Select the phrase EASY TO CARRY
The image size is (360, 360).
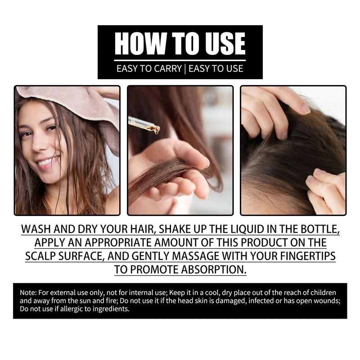point(148,69)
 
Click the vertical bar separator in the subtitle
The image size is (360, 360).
point(185,69)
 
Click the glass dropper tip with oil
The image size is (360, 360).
point(155,130)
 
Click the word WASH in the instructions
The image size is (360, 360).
point(36,229)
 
